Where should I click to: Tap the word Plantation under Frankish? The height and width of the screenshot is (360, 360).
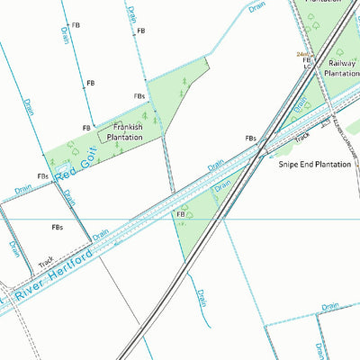click(x=125, y=138)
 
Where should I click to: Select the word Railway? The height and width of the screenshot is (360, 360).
click(x=342, y=64)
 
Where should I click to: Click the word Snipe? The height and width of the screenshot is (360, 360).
click(x=291, y=165)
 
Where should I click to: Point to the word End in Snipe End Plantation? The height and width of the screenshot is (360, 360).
click(x=310, y=165)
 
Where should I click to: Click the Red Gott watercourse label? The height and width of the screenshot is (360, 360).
click(x=74, y=162)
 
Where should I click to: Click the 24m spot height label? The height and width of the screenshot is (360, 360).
click(x=302, y=54)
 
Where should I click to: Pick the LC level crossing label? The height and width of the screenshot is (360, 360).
click(x=307, y=67)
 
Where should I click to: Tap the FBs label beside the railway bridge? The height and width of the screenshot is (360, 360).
click(x=251, y=139)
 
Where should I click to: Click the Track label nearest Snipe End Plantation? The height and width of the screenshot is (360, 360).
click(x=302, y=139)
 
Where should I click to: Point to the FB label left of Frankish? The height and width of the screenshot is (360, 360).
click(x=86, y=128)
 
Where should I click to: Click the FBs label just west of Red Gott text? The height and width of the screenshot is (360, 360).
click(x=42, y=176)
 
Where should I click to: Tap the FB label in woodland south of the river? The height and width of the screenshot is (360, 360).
click(x=181, y=215)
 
